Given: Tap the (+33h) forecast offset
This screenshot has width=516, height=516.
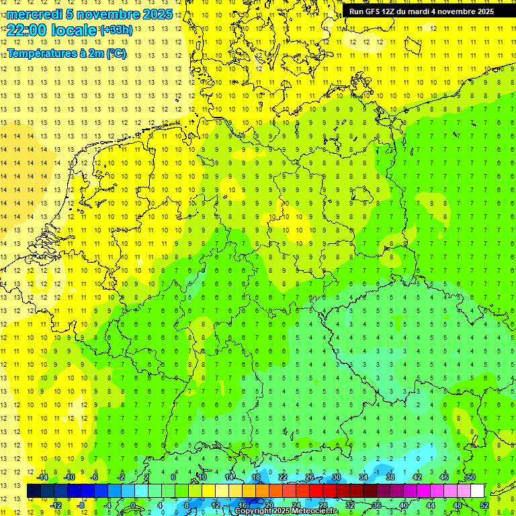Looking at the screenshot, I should tap(116, 30).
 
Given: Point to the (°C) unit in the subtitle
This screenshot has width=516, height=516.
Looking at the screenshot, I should tap(116, 54).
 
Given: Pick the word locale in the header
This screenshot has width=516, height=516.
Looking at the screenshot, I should tap(73, 30).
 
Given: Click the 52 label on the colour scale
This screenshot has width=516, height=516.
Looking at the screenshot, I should tap(484, 505).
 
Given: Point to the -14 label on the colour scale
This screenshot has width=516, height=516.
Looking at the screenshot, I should tap(42, 477).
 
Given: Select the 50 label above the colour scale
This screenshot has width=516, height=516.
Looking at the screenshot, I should tap(471, 477).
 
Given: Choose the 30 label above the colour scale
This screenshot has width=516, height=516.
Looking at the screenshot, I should tap(337, 477).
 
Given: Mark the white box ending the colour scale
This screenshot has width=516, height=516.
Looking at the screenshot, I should tap(477, 491).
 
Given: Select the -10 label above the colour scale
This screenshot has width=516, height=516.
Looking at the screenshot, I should tap(69, 477).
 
